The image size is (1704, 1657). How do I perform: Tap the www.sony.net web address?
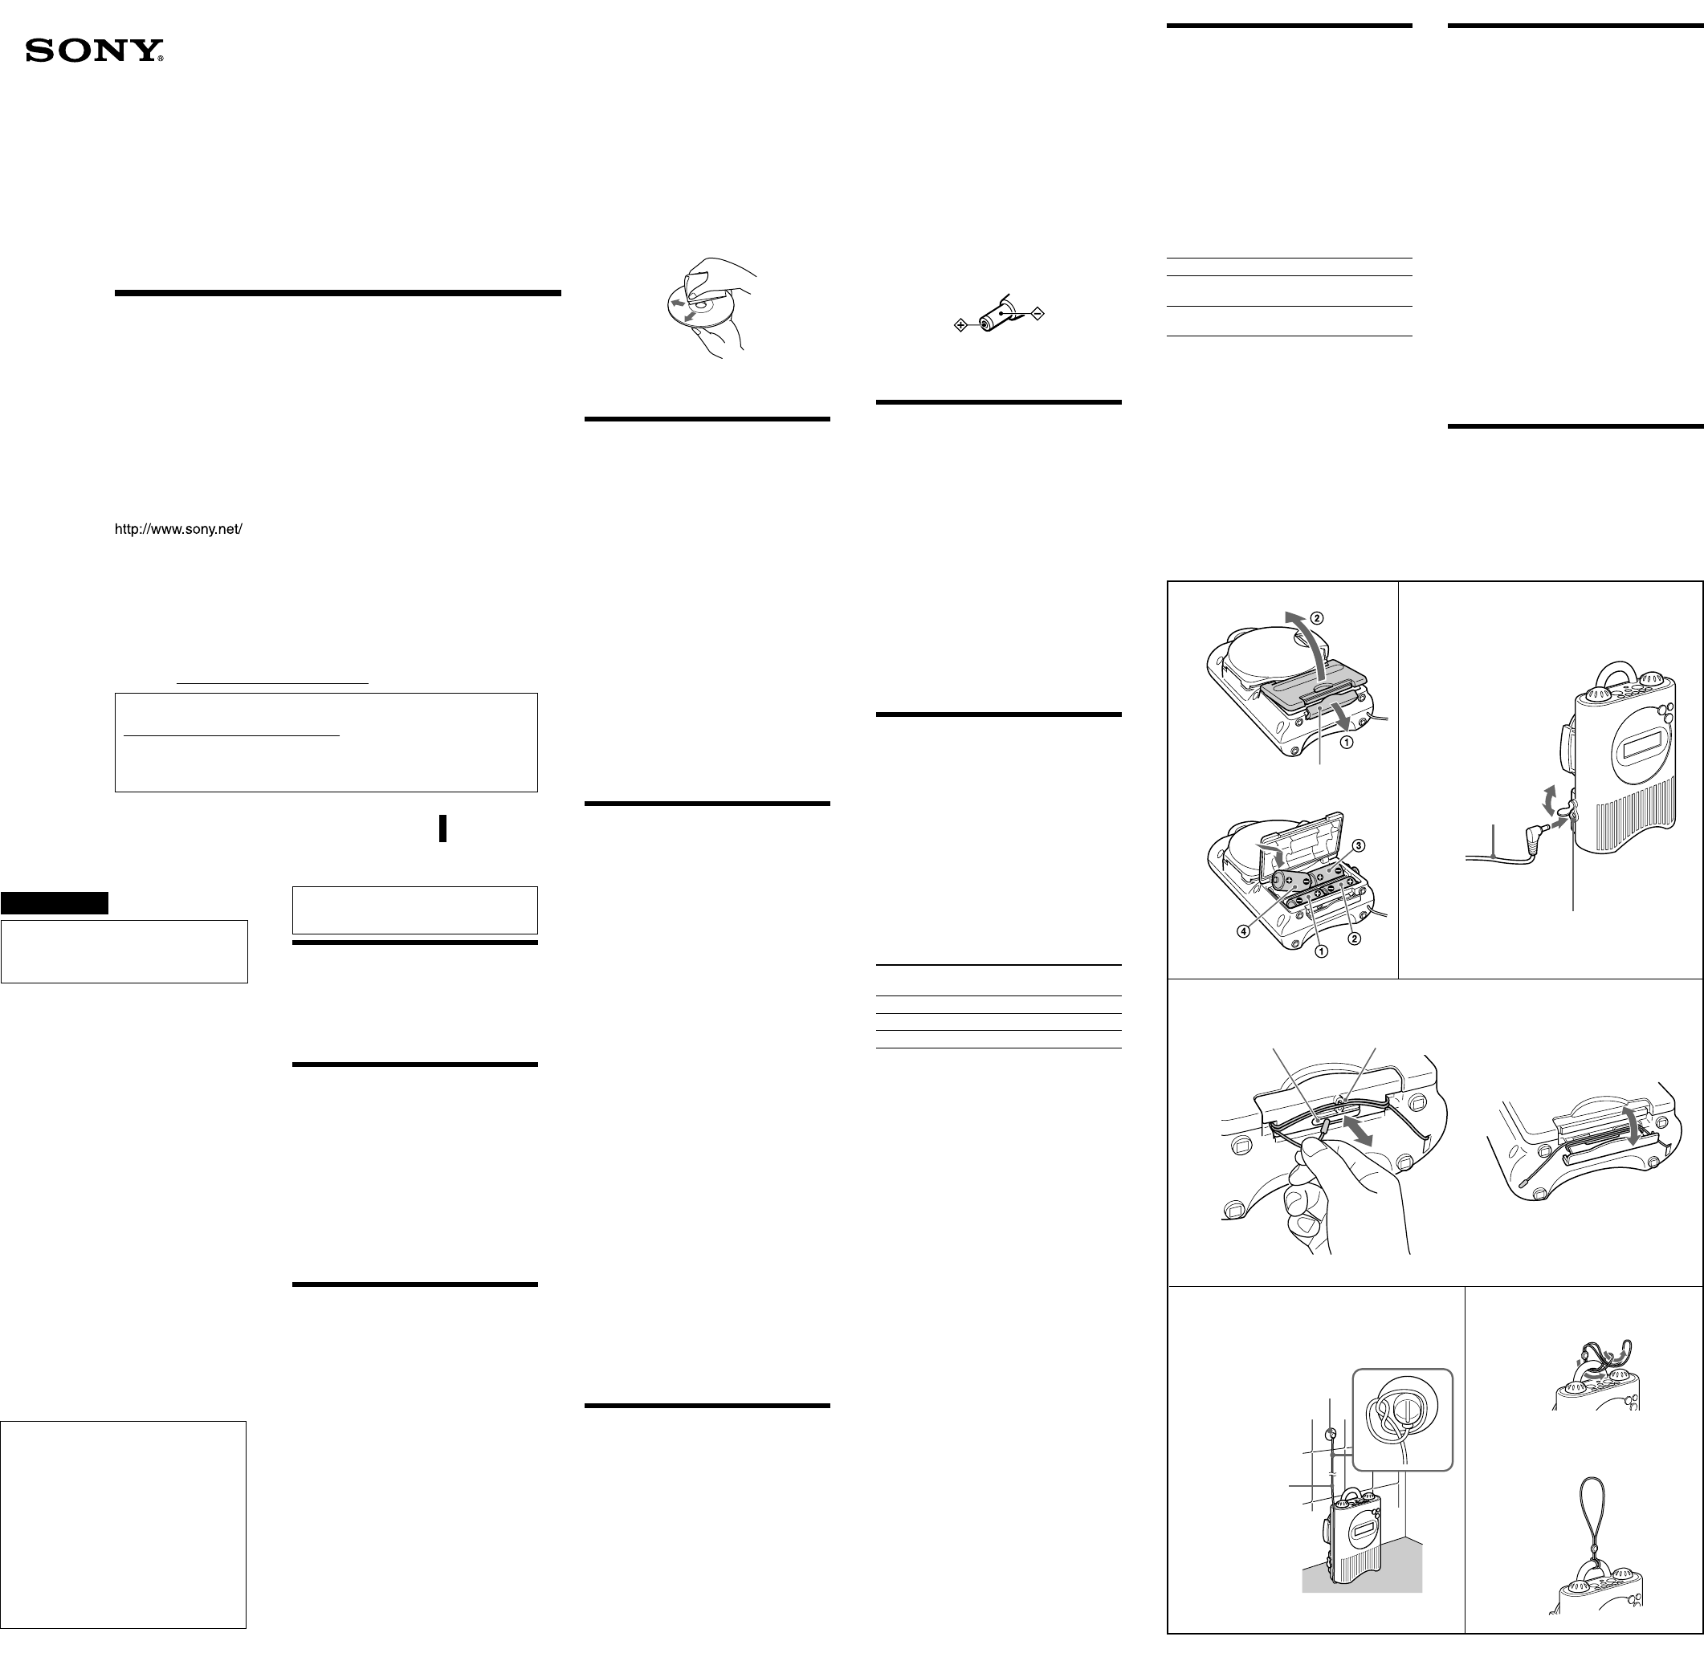click(178, 528)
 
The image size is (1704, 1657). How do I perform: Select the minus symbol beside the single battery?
click(1037, 313)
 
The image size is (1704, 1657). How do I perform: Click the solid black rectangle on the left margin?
click(54, 902)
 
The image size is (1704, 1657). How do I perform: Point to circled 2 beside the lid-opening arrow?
click(1317, 619)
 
